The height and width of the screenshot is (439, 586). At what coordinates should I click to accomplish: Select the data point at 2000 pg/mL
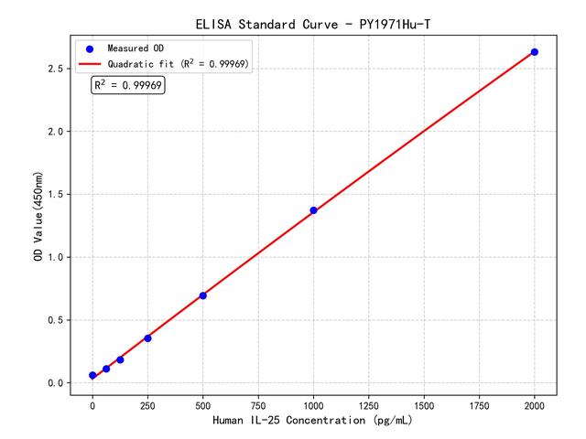[535, 52]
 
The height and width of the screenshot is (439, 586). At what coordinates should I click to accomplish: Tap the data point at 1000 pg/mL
[313, 210]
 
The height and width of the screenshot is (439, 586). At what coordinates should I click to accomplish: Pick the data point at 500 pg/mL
[202, 295]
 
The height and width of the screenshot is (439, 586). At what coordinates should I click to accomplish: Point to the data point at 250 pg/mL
[147, 338]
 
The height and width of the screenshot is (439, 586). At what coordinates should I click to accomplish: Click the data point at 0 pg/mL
[92, 376]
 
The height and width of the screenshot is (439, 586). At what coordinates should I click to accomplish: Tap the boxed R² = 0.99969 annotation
[128, 85]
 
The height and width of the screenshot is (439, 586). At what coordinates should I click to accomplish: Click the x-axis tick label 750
[258, 404]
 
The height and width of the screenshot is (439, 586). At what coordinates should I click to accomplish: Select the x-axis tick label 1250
[369, 404]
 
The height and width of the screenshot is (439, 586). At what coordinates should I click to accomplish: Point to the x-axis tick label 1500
[424, 404]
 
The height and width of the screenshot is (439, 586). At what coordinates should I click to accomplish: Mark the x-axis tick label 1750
[480, 404]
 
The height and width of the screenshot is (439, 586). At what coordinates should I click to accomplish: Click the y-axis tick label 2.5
[55, 69]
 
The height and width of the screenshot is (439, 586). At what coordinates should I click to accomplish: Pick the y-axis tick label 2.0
[55, 132]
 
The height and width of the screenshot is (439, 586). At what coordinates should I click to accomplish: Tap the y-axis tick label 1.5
[55, 195]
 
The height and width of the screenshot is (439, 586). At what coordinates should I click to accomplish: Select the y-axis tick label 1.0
[55, 257]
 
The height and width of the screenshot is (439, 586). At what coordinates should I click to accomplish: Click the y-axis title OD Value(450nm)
[38, 215]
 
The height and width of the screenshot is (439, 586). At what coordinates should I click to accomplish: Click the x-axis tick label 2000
[535, 404]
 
